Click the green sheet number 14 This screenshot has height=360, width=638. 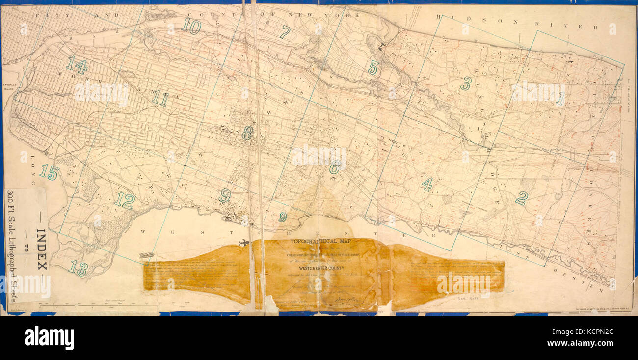tap(77, 64)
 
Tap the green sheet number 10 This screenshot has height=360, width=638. tap(191, 26)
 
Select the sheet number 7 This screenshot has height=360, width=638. tap(285, 32)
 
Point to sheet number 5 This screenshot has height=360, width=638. tap(373, 67)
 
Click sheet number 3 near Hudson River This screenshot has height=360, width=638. tap(466, 83)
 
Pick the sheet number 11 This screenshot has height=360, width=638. tap(159, 99)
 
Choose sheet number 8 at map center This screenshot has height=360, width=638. tap(247, 133)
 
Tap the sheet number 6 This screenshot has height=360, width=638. tap(334, 167)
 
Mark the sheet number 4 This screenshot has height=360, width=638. tap(427, 184)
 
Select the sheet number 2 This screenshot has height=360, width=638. tap(521, 198)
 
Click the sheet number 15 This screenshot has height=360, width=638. tap(49, 172)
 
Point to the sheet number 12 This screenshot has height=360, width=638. tap(125, 200)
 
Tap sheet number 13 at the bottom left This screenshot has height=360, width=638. tap(78, 268)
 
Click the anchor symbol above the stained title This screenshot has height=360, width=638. tap(244, 243)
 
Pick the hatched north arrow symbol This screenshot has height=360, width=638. tap(146, 255)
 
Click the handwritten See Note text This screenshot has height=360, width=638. tap(468, 298)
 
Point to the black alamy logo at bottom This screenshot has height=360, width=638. tap(49, 338)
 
